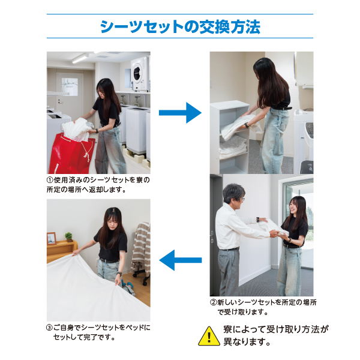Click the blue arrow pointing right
pos(180,113)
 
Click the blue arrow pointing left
pos(180,260)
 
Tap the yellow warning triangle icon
pos(209,336)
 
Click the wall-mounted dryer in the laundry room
pos(140,74)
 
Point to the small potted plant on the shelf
pos(68,237)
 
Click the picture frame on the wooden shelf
pos(52,239)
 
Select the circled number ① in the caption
pos(50,180)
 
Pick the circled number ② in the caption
pos(213,302)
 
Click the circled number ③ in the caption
pos(49,328)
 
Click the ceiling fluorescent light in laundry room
pos(80,58)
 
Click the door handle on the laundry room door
pos(59,101)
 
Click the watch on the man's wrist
pos(258,219)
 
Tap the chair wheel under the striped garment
pos(145,283)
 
